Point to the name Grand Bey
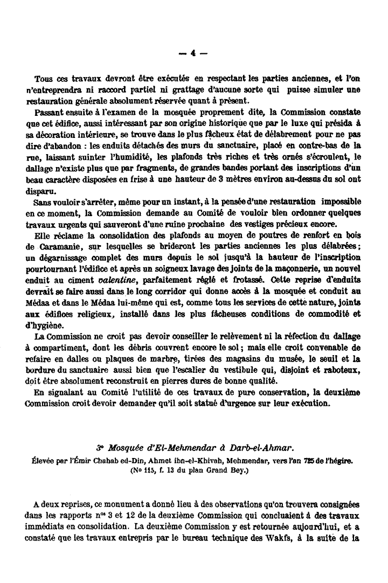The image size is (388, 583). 217,469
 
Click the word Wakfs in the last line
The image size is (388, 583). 278,537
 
